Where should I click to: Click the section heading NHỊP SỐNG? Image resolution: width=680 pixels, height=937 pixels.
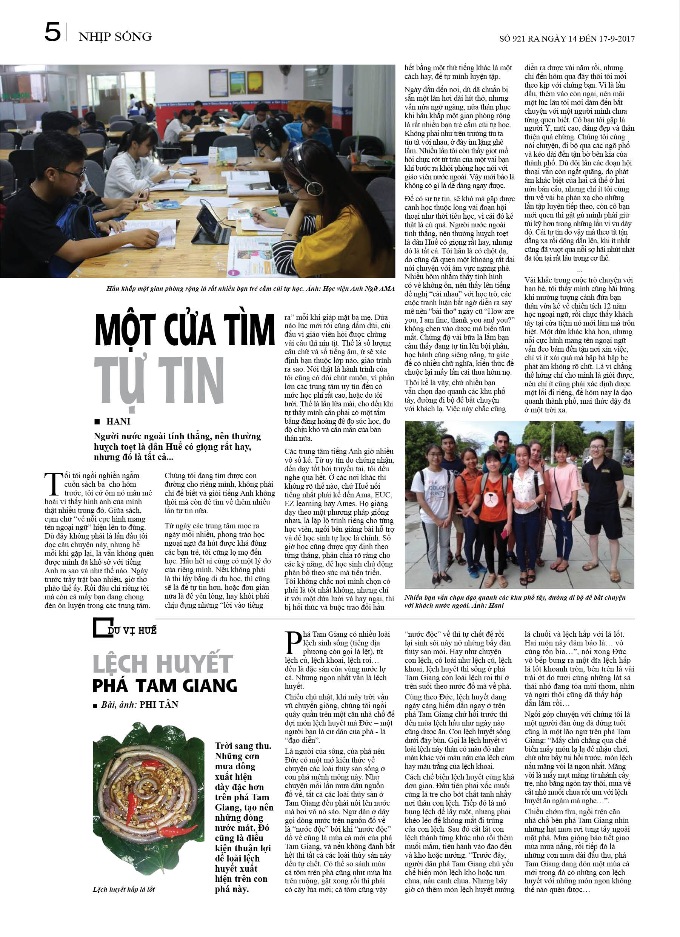pyautogui.click(x=115, y=37)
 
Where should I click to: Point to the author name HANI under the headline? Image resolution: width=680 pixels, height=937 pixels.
pyautogui.click(x=118, y=421)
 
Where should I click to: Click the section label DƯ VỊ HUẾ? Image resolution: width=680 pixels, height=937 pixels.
pyautogui.click(x=132, y=630)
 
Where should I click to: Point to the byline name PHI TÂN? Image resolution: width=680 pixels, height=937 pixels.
pyautogui.click(x=159, y=704)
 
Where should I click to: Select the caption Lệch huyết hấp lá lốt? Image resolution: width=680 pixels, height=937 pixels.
pyautogui.click(x=124, y=889)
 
